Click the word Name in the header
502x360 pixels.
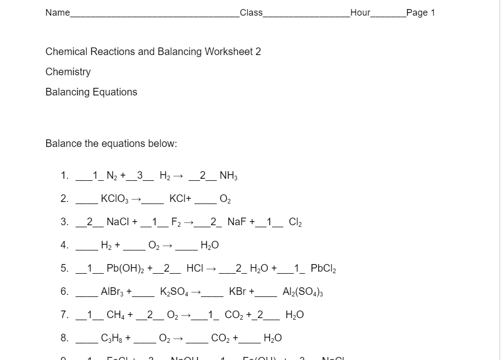[58, 13]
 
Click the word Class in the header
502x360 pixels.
[251, 13]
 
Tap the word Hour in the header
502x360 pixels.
[360, 13]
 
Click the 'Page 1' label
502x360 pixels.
[420, 13]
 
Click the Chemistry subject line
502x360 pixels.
[68, 72]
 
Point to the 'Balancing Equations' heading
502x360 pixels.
[91, 92]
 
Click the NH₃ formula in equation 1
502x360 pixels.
[229, 176]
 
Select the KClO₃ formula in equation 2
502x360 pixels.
[115, 199]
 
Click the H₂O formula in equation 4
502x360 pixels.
[209, 245]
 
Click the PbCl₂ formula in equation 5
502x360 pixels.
[323, 269]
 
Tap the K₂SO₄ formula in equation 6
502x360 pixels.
[174, 292]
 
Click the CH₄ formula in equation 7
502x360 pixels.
[116, 315]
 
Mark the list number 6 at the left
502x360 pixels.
[64, 292]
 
